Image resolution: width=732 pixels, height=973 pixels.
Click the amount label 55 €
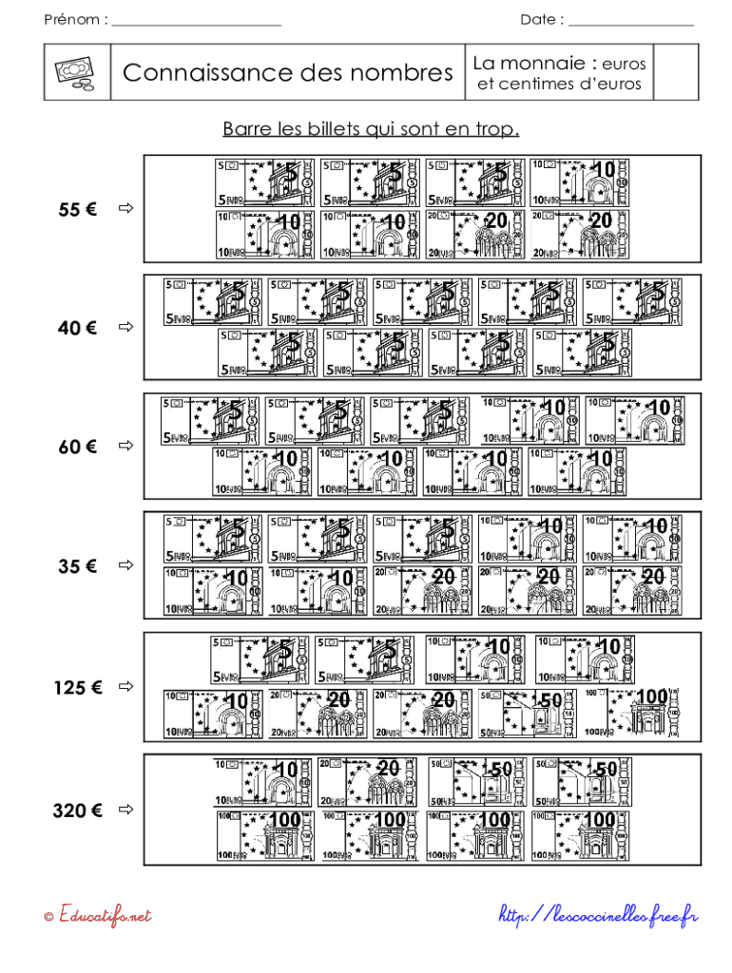click(x=77, y=210)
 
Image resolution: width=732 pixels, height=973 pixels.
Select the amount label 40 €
click(x=77, y=329)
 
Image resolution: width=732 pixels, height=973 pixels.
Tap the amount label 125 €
click(x=77, y=687)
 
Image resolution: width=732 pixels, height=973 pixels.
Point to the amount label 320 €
click(x=77, y=811)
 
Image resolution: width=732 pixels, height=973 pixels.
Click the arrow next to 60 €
click(x=123, y=446)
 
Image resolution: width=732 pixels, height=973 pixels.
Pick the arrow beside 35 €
click(x=123, y=566)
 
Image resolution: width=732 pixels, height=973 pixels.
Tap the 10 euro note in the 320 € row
click(x=263, y=782)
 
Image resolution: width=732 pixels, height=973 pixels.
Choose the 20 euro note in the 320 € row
click(x=368, y=782)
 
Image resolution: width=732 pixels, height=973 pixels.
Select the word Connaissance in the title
click(x=213, y=72)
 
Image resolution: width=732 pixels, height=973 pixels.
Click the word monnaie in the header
click(x=543, y=64)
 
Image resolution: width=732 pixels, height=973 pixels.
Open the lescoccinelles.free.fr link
click(x=599, y=916)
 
